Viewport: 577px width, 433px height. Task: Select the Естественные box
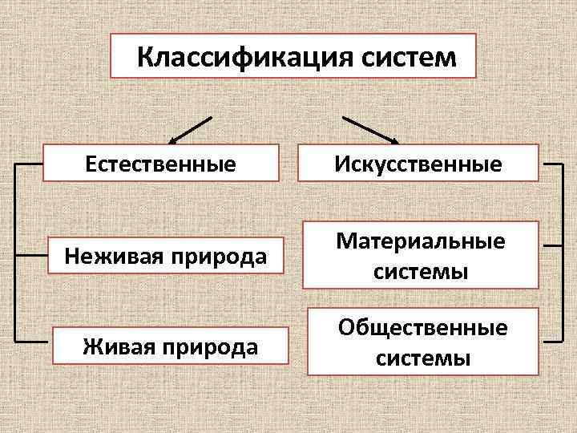pos(161,164)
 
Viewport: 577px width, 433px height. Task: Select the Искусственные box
pos(418,164)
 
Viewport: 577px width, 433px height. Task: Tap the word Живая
pos(118,347)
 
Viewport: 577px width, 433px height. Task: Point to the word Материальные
pos(421,241)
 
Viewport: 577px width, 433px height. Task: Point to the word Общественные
pos(422,328)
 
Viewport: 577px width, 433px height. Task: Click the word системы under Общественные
pos(422,358)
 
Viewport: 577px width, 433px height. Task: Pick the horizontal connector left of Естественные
pos(29,164)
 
